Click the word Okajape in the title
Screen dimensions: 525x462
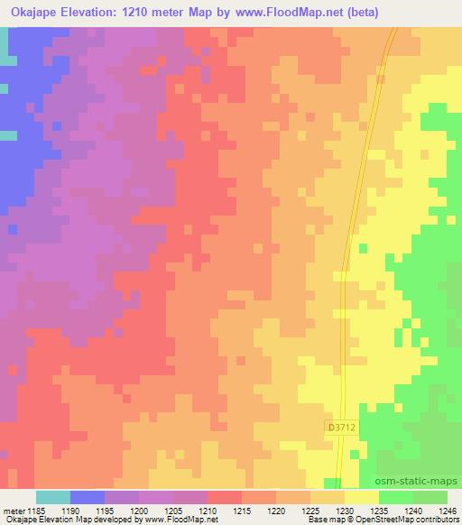click(33, 12)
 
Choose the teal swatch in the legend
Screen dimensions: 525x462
click(53, 497)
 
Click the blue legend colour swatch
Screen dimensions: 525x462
click(88, 497)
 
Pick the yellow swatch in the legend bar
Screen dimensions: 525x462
click(362, 497)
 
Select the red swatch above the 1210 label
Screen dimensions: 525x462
click(225, 497)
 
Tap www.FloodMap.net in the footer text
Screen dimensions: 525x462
click(173, 520)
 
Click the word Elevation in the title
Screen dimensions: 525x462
click(98, 12)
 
